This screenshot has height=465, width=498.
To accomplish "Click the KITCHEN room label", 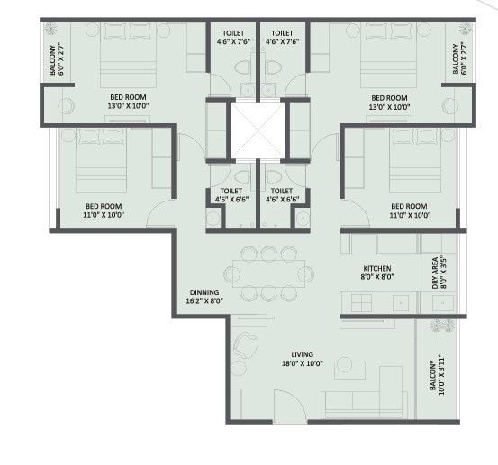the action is click(x=377, y=268).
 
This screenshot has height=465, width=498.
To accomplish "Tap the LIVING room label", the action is click(x=302, y=354).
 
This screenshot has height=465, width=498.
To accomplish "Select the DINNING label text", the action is click(x=204, y=292).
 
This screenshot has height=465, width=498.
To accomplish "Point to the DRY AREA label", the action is click(x=435, y=273).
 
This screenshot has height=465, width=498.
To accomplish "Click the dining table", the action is click(x=268, y=273).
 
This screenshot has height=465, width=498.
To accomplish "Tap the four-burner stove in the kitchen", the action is click(x=361, y=302).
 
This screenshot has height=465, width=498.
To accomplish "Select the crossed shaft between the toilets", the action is click(x=258, y=130).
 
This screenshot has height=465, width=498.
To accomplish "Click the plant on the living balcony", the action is click(x=442, y=326).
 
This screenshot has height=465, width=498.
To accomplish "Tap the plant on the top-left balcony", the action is click(x=50, y=29).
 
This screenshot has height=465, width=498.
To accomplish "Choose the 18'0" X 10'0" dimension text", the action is click(x=302, y=363).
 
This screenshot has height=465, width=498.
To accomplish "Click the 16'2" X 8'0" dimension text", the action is click(x=204, y=300).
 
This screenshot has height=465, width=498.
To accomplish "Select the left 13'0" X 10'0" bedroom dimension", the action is click(x=128, y=106).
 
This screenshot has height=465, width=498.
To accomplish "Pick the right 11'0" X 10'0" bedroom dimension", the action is click(x=410, y=215).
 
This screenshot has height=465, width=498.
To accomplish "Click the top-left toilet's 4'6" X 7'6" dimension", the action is click(x=233, y=41).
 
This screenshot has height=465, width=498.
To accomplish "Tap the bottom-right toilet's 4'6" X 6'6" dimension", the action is click(x=283, y=199).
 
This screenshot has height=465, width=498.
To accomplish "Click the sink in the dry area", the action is click(x=443, y=303).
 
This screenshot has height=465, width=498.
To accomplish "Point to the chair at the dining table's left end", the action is click(x=231, y=273).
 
